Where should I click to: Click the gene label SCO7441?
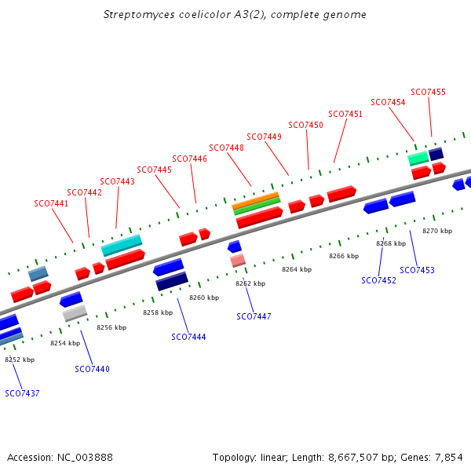pyautogui.click(x=51, y=203)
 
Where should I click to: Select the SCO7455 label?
pyautogui.click(x=428, y=92)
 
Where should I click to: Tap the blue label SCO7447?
pyautogui.click(x=254, y=316)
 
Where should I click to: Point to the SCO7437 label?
pyautogui.click(x=22, y=393)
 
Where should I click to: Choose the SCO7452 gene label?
pyautogui.click(x=378, y=280)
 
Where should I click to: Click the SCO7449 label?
pyautogui.click(x=264, y=137)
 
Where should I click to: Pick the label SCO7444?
pyautogui.click(x=188, y=337)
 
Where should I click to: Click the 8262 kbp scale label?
pyautogui.click(x=250, y=283)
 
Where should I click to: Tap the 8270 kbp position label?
pyautogui.click(x=437, y=231)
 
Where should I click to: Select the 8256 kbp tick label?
pyautogui.click(x=111, y=327)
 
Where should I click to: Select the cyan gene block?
pyautogui.click(x=122, y=245)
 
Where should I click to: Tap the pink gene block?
pyautogui.click(x=238, y=260)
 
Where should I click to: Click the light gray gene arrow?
pyautogui.click(x=75, y=313)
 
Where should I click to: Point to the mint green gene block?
pyautogui.click(x=418, y=159)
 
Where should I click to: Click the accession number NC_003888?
pyautogui.click(x=84, y=457)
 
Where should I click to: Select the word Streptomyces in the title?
pyautogui.click(x=137, y=15)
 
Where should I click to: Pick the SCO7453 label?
pyautogui.click(x=417, y=270)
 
